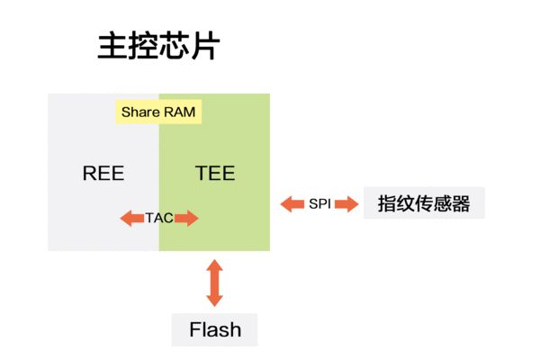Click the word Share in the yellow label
[140, 113]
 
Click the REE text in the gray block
[103, 173]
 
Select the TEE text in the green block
[215, 173]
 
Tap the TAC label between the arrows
[159, 218]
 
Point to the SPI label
[319, 204]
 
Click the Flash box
[215, 329]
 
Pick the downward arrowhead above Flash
[214, 300]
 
